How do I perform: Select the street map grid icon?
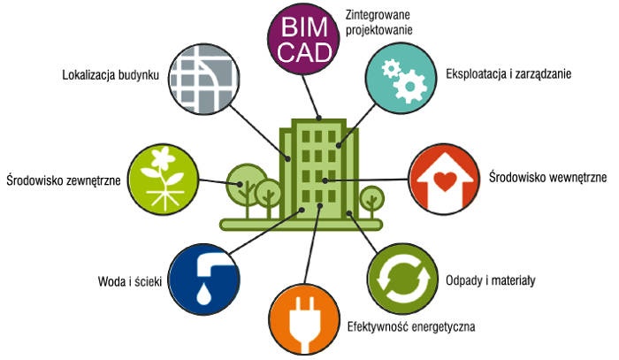pos(204,80)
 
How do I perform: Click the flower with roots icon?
pos(164,180)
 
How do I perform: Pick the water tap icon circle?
pos(204,280)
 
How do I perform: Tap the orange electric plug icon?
pos(304,319)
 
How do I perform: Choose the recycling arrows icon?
pos(402,279)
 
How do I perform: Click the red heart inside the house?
pos(445,180)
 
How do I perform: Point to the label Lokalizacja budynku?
pos(111,75)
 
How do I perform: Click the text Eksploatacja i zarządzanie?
pos(508,73)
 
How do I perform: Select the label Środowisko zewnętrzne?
pos(64,180)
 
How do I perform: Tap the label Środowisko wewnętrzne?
pos(548,177)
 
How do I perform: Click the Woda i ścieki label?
pos(130,281)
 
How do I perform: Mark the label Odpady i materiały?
pos(491,280)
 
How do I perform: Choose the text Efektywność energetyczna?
pos(411,327)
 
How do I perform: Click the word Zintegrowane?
pos(378,15)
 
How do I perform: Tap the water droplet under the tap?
pos(203,295)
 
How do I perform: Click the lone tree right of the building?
pos(371,202)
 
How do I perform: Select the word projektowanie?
pos(379,30)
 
